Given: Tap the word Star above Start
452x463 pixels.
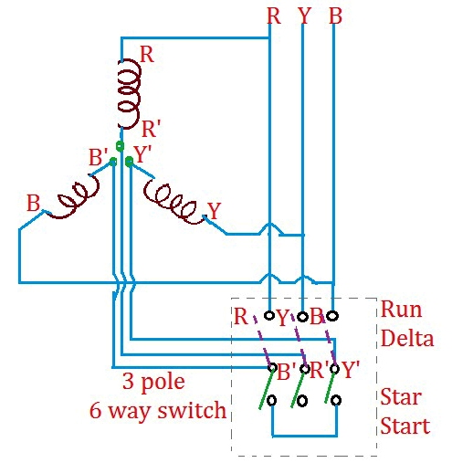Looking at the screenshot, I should (400, 399).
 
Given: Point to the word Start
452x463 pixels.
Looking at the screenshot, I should (405, 426).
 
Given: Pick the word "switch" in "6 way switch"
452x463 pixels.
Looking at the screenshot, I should (196, 410).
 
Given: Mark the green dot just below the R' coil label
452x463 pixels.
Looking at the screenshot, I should (121, 145).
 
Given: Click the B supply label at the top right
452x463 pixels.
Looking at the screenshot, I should (335, 16).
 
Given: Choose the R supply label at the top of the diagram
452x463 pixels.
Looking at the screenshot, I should (273, 16).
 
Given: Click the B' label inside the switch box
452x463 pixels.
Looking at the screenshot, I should (285, 373).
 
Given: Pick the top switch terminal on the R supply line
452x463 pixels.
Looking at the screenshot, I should (270, 316).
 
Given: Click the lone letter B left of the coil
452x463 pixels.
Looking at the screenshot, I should (33, 203).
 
